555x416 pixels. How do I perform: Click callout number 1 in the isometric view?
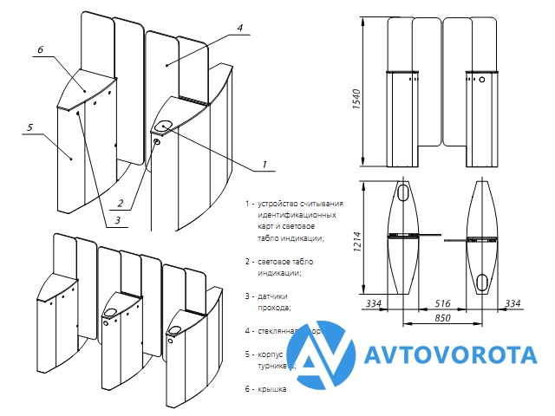pos(264,162)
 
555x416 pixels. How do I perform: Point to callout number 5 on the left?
pos(29,127)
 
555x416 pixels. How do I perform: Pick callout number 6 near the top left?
pos(40,51)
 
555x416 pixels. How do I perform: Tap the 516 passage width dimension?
pos(442,303)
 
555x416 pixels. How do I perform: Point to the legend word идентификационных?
pos(296,214)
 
